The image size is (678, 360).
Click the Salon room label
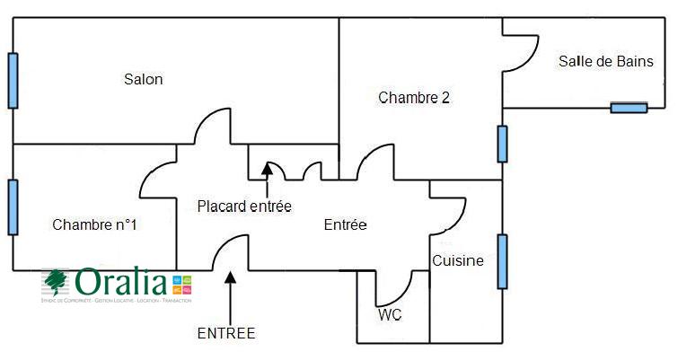144,80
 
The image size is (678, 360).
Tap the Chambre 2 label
413,98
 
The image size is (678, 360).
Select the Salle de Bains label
605,62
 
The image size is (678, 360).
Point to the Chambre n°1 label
94,224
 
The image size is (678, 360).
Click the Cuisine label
458,261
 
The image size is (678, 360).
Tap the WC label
389,315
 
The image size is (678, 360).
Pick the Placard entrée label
244,206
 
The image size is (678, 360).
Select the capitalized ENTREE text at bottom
226,333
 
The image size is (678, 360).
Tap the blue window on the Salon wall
13,80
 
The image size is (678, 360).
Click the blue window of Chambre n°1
13,206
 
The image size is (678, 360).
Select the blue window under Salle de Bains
629,109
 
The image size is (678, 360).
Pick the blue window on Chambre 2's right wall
502,144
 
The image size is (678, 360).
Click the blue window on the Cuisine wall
502,261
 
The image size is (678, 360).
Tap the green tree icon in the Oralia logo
57,282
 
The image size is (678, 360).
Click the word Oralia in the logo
121,282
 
